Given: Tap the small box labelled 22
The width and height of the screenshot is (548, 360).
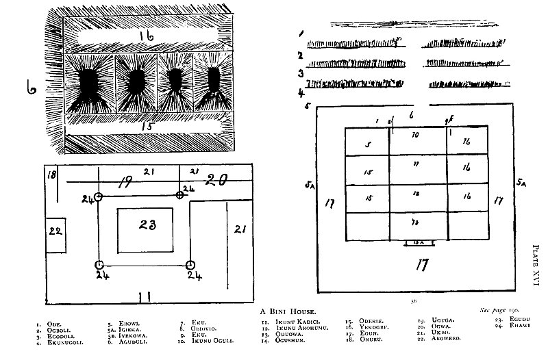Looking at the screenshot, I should pyautogui.click(x=55, y=232).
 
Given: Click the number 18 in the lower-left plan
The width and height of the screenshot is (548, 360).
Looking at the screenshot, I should pyautogui.click(x=51, y=176).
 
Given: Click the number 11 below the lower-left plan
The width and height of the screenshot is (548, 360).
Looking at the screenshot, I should pyautogui.click(x=144, y=296).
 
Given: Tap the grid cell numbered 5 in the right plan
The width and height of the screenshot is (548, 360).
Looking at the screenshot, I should pyautogui.click(x=367, y=144).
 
